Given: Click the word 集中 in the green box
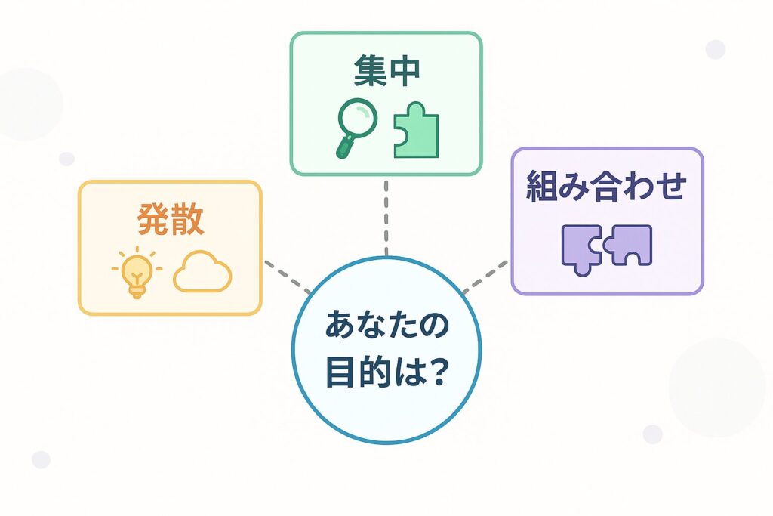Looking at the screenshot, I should [386, 71].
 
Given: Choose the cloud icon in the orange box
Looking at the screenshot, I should [202, 273].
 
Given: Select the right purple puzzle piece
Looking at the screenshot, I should [632, 246].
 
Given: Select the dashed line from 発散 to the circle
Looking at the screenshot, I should [288, 277].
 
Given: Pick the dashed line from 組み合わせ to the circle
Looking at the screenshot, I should [485, 277].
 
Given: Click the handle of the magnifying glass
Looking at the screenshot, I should [343, 146].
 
